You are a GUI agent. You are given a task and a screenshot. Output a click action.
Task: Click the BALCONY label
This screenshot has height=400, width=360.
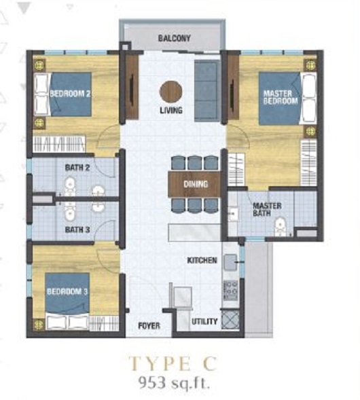[x=175, y=38]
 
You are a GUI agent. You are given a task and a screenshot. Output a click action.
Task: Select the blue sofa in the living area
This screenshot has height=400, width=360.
[x=206, y=90]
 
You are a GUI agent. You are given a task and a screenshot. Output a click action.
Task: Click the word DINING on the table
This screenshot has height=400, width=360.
[x=196, y=184]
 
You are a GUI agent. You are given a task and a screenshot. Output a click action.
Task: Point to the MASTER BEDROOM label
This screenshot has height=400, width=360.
[x=281, y=97]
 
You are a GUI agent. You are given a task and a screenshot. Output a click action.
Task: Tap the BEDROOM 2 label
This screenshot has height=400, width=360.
[x=70, y=94]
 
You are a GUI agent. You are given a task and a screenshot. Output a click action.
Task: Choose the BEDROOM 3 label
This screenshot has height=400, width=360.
[x=67, y=291]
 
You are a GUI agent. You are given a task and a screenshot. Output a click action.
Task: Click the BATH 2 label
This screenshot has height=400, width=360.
[x=77, y=168]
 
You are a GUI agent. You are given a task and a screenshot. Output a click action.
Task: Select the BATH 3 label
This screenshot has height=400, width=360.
[x=77, y=230]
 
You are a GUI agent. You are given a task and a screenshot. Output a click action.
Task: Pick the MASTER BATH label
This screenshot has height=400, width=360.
[x=267, y=209]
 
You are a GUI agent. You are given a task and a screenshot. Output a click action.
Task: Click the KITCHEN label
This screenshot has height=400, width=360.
[x=202, y=260]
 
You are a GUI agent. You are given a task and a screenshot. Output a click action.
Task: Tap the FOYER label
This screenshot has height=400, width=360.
[x=149, y=326]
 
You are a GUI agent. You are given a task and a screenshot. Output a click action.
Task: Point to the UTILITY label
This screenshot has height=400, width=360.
[x=204, y=321]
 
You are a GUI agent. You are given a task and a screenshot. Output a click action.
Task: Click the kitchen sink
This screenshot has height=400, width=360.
[x=231, y=262]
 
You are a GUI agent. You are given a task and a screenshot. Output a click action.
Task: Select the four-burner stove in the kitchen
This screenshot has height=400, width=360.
[x=231, y=290]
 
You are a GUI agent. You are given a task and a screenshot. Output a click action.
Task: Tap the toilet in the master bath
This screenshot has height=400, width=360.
[x=280, y=227]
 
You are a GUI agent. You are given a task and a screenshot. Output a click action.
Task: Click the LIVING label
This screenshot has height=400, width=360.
[x=171, y=111]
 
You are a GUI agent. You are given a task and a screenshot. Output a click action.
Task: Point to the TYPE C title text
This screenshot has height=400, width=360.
[x=173, y=363]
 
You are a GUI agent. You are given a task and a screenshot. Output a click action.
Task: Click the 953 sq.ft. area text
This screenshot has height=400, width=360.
[x=174, y=382]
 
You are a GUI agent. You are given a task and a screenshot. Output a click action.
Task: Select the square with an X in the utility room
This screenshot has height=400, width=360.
[x=230, y=319]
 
